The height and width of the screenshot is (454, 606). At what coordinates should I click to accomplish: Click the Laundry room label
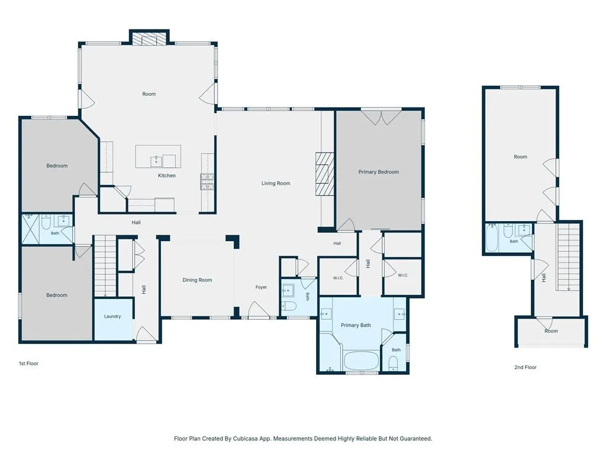pyautogui.click(x=112, y=317)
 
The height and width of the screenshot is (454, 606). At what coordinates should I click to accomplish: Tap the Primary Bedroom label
pyautogui.click(x=378, y=172)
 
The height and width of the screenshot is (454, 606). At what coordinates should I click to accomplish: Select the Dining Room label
pyautogui.click(x=197, y=280)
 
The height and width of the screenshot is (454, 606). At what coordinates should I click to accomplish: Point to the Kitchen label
pyautogui.click(x=166, y=175)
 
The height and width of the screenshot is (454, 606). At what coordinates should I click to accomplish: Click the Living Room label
pyautogui.click(x=276, y=183)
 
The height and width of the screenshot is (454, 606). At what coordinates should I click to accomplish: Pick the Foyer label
pyautogui.click(x=261, y=287)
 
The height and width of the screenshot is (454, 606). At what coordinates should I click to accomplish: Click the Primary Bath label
pyautogui.click(x=356, y=325)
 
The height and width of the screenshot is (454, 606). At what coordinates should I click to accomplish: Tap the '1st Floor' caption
pyautogui.click(x=28, y=364)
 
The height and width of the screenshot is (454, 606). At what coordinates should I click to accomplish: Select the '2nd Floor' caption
pyautogui.click(x=526, y=367)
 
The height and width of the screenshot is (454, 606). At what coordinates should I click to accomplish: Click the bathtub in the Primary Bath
pyautogui.click(x=360, y=361)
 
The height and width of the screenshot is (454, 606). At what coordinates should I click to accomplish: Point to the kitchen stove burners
pyautogui.click(x=207, y=181)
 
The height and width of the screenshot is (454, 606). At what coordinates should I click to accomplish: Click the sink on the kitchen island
pyautogui.click(x=156, y=161)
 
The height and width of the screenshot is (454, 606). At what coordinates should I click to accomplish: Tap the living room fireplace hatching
pyautogui.click(x=325, y=173)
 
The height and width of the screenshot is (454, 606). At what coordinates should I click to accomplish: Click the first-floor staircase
pyautogui.click(x=105, y=267)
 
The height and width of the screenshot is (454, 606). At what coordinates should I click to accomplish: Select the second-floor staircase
pyautogui.click(x=568, y=257)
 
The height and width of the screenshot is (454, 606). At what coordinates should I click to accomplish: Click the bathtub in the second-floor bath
pyautogui.click(x=492, y=238)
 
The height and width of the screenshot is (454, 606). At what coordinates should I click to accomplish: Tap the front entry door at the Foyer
pyautogui.click(x=259, y=310)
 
